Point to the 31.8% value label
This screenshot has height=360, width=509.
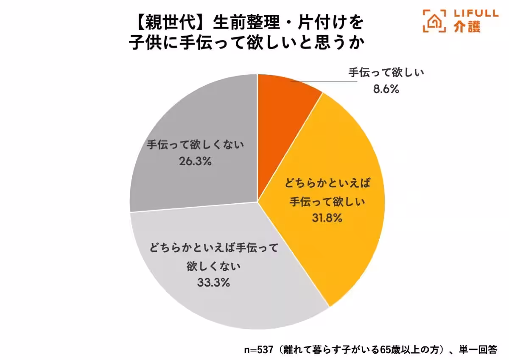(x=328, y=218)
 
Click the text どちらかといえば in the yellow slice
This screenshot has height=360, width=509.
(x=328, y=184)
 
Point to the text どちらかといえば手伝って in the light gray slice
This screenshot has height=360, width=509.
(x=213, y=248)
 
